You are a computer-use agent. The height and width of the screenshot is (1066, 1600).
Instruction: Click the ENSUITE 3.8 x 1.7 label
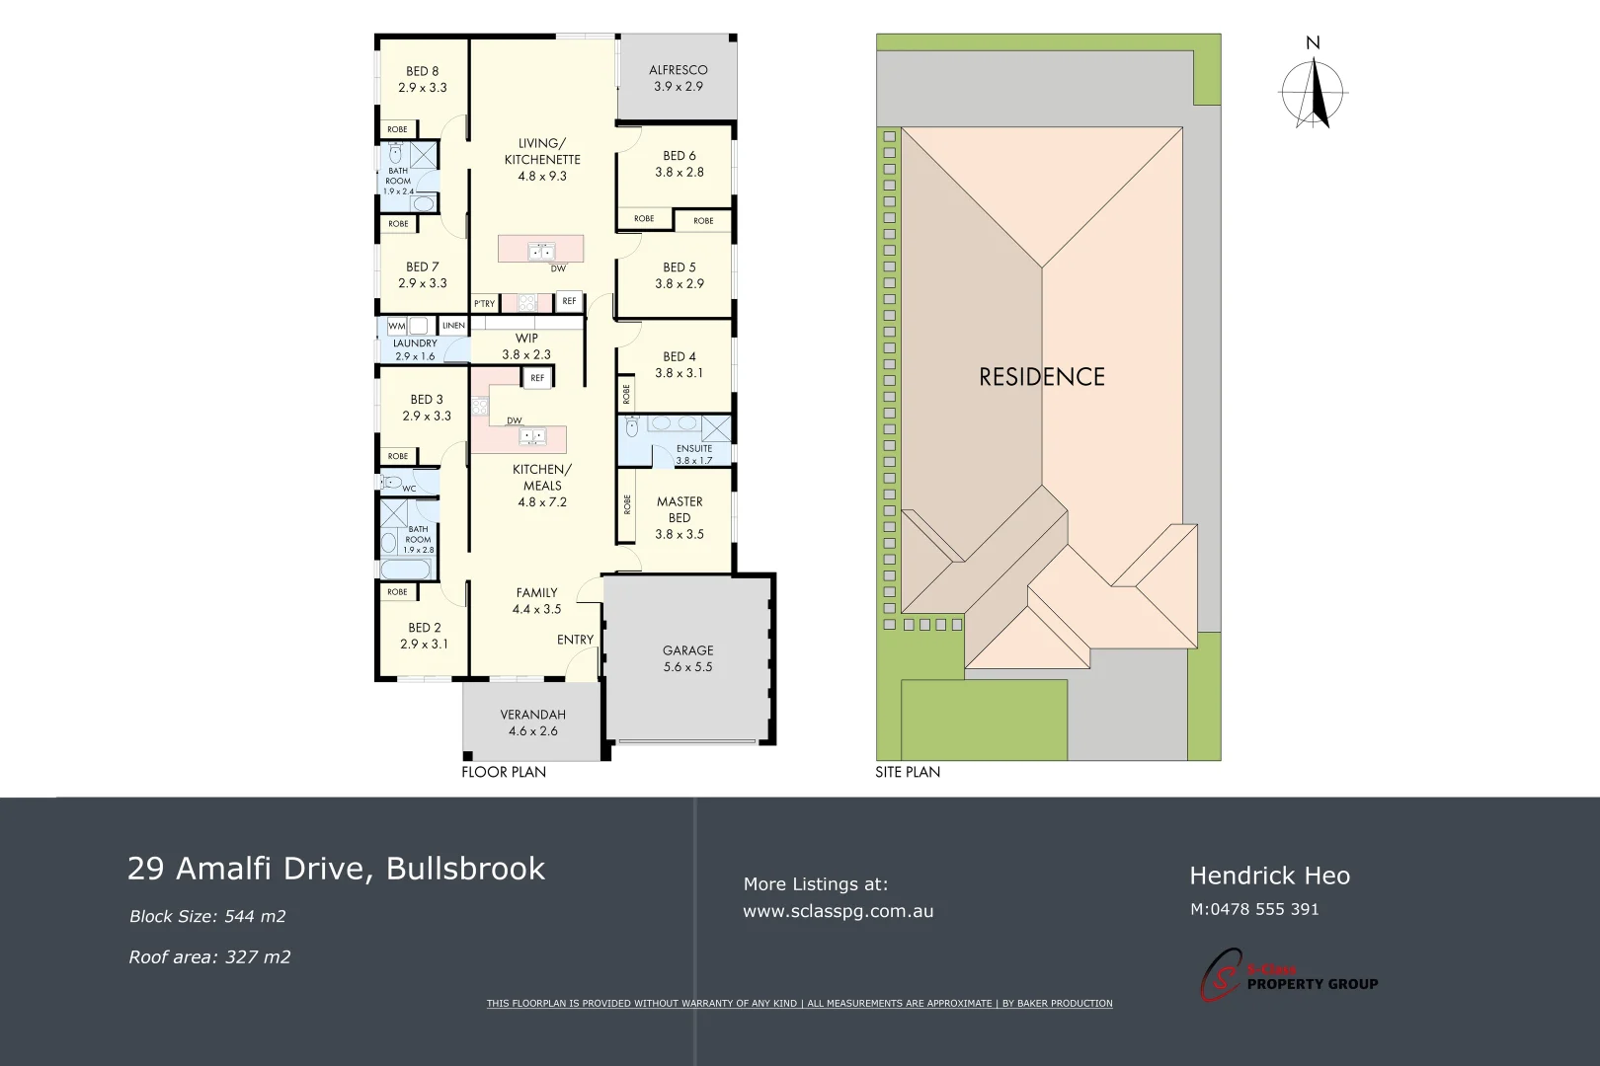[694, 454]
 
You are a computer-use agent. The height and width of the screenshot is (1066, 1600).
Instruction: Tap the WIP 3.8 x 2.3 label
[526, 346]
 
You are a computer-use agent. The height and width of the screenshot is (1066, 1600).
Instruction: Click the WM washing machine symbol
[397, 326]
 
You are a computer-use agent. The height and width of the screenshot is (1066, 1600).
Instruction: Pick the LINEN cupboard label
[453, 326]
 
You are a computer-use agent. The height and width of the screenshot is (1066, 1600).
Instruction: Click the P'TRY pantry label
[484, 304]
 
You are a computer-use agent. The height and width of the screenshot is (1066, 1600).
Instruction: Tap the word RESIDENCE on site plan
[1042, 376]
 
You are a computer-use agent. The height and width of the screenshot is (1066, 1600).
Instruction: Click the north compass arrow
[1314, 94]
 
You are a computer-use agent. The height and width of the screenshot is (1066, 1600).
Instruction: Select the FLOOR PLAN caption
[504, 772]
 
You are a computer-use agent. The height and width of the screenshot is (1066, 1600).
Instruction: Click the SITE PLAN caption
[908, 772]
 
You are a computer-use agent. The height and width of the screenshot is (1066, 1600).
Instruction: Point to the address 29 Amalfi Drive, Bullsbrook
[336, 869]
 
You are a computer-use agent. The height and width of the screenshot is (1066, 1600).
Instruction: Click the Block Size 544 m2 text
[207, 916]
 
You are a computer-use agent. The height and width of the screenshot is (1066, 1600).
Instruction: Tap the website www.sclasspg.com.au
[838, 911]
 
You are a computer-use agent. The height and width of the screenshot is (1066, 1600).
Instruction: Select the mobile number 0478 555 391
[1254, 909]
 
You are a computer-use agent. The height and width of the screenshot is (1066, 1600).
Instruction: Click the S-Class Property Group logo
[1288, 975]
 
